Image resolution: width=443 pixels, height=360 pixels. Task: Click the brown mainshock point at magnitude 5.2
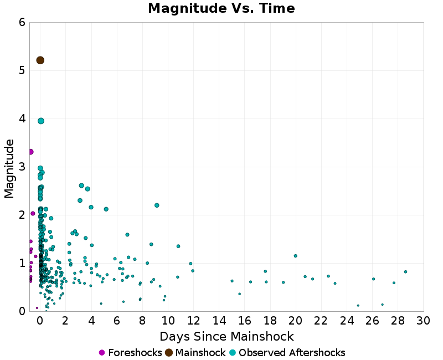pos(40,60)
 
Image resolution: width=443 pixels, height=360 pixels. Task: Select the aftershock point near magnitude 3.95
pos(41,121)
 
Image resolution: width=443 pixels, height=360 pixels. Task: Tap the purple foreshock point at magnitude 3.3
pos(30,152)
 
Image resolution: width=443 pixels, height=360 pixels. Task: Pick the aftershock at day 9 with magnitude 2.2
pos(157,205)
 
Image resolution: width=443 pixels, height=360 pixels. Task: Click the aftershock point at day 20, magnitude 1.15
pos(296,256)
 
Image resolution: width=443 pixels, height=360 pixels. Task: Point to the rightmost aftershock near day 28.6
pos(406,272)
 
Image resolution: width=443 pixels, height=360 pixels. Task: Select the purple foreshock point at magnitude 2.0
pos(33,213)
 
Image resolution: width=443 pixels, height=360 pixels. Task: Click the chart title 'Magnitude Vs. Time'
pos(221,9)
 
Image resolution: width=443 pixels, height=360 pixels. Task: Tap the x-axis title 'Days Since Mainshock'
pos(226,336)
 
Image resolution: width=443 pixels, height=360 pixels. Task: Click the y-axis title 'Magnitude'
pos(9,168)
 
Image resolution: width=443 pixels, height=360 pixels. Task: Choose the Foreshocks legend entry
pos(131,353)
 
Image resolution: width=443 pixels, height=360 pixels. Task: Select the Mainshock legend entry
pos(195,353)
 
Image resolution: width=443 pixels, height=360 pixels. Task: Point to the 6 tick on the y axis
pos(22,22)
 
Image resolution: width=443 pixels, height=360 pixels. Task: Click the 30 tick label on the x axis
pos(423,321)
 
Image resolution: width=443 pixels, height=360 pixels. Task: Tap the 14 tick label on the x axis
pos(219,321)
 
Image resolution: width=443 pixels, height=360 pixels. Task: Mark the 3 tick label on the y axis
pos(22,167)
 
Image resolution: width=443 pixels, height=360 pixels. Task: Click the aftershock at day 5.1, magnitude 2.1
pos(106,209)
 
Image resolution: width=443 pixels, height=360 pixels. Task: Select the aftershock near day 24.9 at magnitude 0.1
pos(358,306)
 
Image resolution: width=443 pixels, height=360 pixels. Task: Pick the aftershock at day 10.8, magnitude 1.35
pos(178,246)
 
